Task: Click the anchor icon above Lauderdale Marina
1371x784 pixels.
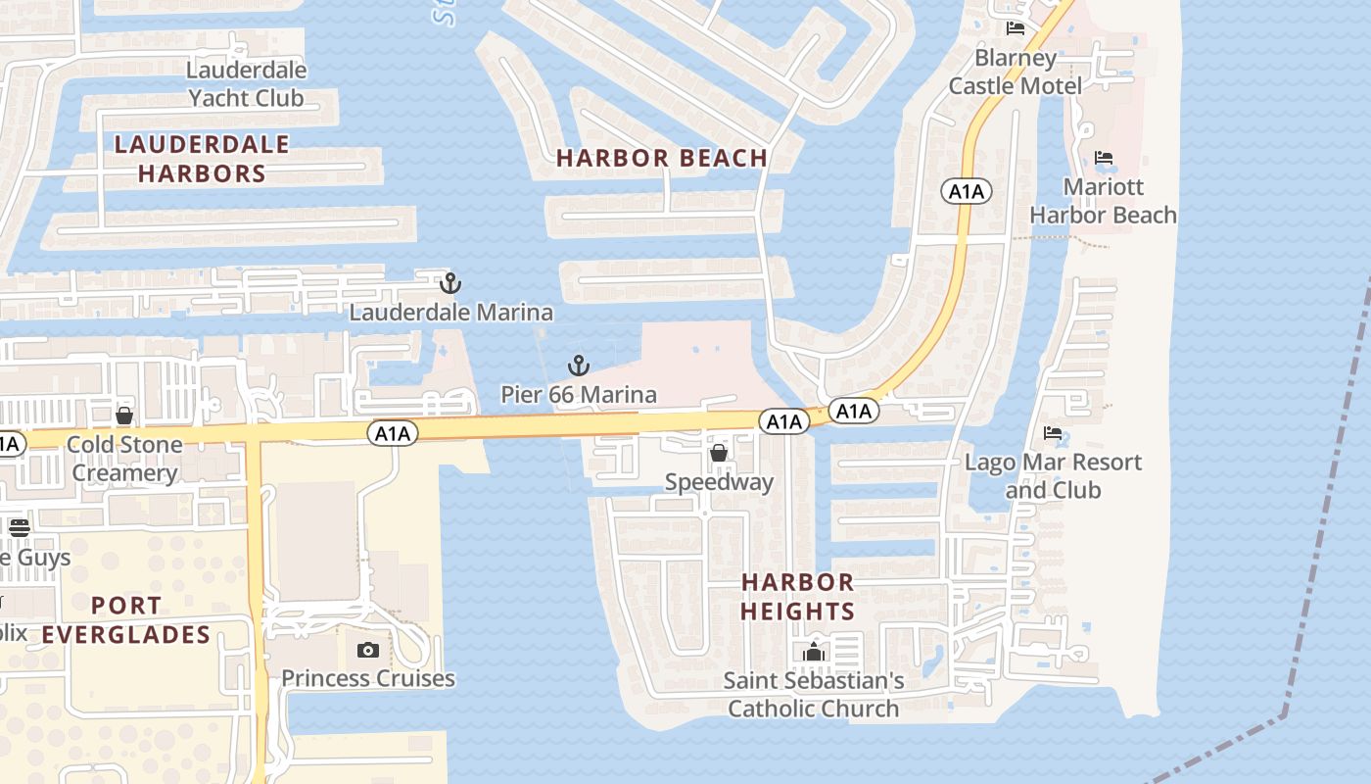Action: [x=449, y=284]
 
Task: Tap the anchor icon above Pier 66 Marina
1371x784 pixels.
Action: [x=579, y=367]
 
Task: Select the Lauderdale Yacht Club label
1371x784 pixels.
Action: [x=246, y=84]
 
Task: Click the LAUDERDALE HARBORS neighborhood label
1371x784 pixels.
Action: [x=202, y=159]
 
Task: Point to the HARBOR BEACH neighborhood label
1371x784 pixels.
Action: [x=662, y=158]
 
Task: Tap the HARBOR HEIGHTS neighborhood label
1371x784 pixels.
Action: [x=797, y=597]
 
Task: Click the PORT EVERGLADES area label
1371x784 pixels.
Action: [x=126, y=619]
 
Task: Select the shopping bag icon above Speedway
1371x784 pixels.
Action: [x=719, y=453]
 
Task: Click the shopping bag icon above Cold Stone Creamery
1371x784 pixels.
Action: [x=124, y=416]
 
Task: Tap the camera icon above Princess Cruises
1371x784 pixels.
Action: [x=368, y=650]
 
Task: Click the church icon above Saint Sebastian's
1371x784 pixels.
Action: [x=814, y=652]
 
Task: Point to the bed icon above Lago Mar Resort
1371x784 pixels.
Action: [x=1053, y=433]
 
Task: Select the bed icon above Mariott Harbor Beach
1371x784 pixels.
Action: [x=1104, y=158]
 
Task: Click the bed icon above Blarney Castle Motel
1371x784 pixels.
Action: [x=1016, y=28]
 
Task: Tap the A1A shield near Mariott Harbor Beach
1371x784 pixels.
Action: [x=967, y=191]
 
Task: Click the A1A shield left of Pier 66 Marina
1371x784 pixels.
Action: [x=393, y=433]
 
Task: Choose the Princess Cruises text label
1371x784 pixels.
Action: [x=368, y=678]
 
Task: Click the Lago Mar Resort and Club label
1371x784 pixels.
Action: [x=1053, y=475]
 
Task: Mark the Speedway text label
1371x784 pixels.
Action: [x=719, y=482]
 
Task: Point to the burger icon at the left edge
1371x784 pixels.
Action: [x=20, y=527]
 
